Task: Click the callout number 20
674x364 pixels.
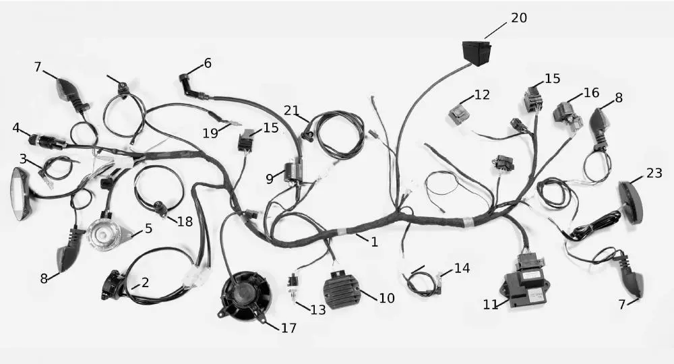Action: click(519, 18)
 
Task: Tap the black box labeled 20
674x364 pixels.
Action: click(477, 53)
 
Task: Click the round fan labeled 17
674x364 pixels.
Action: click(245, 297)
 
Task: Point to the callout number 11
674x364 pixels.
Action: click(490, 305)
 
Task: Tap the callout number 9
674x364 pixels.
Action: click(270, 179)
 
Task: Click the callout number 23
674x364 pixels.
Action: click(654, 173)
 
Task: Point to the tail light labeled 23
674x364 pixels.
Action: click(634, 202)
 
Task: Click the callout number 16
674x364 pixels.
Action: click(591, 92)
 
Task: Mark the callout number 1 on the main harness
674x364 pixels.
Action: click(374, 242)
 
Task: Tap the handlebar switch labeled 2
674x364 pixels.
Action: click(114, 284)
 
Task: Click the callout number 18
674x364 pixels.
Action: click(185, 222)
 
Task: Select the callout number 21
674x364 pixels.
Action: click(291, 111)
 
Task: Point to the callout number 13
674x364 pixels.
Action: click(318, 310)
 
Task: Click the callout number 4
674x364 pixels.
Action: click(16, 127)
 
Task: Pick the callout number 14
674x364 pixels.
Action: click(462, 268)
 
